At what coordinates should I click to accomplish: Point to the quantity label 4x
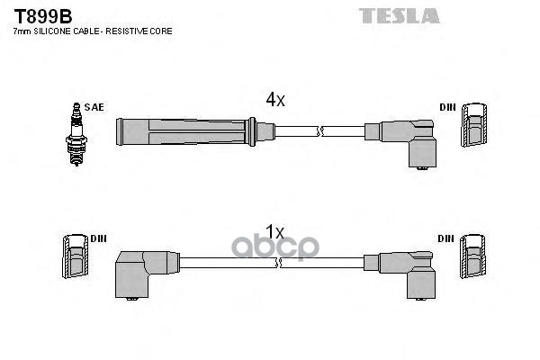click(x=274, y=101)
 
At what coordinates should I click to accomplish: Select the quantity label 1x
click(x=274, y=231)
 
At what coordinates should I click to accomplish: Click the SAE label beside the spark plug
click(x=96, y=107)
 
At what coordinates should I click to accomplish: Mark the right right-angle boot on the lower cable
click(x=406, y=272)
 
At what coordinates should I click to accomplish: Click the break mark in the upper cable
click(x=320, y=132)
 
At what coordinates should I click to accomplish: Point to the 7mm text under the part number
click(x=20, y=31)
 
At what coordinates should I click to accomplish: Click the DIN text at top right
click(x=447, y=107)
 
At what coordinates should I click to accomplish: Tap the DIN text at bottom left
click(x=98, y=238)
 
